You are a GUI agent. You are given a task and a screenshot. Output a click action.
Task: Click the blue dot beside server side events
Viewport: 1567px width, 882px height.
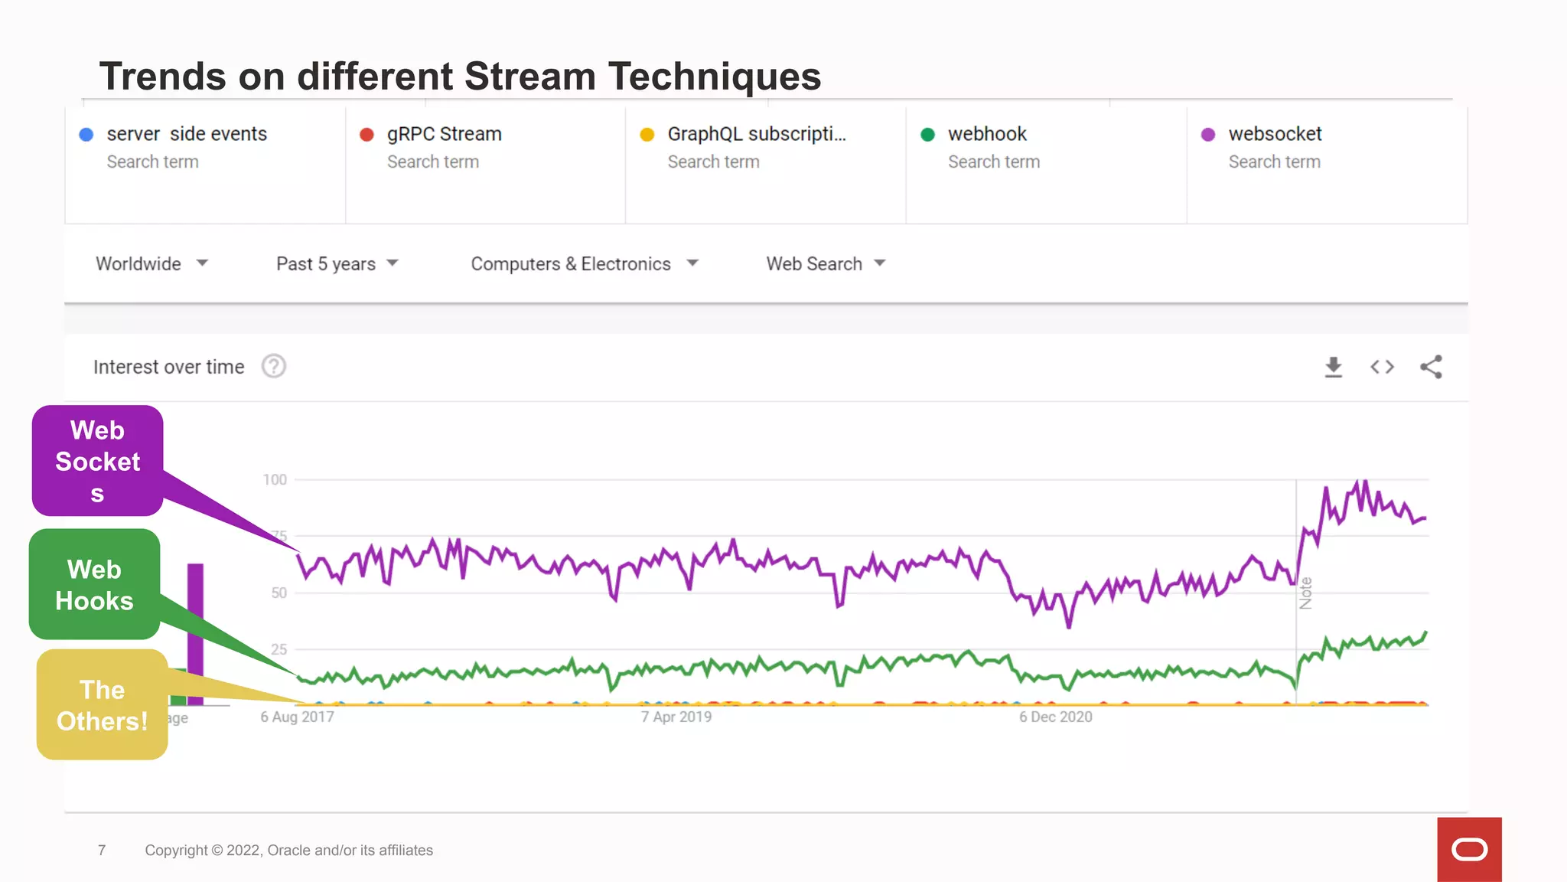(x=86, y=135)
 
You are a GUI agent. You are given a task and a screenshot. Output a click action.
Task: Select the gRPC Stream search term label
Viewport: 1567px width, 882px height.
(x=444, y=134)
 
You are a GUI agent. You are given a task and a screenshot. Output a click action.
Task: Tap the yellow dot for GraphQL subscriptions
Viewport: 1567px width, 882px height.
(x=647, y=135)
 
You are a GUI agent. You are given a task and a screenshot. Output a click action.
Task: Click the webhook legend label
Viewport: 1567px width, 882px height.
(x=986, y=134)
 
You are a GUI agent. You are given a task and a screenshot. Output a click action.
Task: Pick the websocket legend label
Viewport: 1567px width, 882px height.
(x=1275, y=134)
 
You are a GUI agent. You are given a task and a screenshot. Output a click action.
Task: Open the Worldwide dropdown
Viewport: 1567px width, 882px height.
(x=151, y=263)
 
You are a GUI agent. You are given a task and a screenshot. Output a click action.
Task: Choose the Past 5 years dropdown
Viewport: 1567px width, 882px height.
(x=337, y=263)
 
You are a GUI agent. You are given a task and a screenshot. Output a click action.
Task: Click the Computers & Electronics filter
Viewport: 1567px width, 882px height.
(x=584, y=263)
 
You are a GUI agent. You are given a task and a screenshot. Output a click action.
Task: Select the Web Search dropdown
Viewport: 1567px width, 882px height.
(x=825, y=263)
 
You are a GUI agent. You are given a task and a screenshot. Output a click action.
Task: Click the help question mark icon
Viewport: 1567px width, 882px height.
(x=274, y=367)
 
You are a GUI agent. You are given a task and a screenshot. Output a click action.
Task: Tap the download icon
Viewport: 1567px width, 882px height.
(x=1334, y=367)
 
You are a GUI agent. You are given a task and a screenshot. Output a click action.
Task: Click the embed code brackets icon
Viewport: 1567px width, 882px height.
(x=1382, y=367)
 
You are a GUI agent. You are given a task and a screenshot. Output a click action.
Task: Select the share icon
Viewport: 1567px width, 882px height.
(x=1431, y=367)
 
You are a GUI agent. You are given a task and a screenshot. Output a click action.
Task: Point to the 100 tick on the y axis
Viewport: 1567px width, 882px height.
(x=275, y=480)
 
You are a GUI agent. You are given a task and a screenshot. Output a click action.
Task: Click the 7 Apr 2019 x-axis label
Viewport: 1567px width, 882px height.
(x=676, y=717)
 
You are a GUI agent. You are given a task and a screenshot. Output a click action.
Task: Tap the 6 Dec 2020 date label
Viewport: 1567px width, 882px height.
(x=1055, y=717)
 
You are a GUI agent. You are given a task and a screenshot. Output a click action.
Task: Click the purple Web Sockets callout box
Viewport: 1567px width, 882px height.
(x=97, y=461)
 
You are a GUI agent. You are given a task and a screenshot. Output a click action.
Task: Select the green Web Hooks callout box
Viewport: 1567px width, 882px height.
(x=94, y=585)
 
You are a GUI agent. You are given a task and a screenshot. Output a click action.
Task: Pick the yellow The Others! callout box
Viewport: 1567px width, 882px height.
(x=102, y=705)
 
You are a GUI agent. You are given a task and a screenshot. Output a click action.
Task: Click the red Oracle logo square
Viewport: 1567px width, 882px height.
(x=1469, y=849)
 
